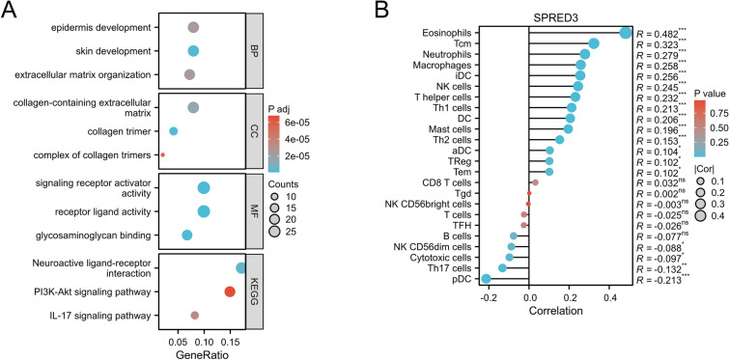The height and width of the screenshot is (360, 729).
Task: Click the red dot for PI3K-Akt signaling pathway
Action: [x=230, y=292]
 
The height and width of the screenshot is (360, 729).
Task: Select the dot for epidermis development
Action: [x=193, y=28]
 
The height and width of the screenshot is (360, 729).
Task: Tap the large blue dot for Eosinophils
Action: [x=626, y=32]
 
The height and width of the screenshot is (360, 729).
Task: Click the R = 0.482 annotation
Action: [x=664, y=32]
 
